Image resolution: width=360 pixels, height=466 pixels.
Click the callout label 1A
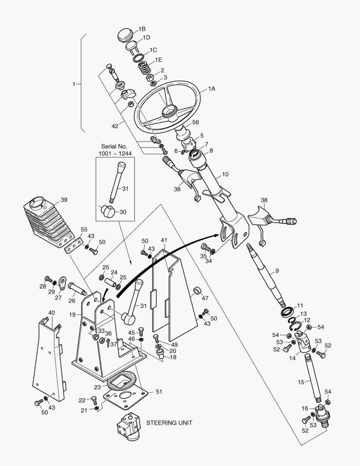(x=212, y=88)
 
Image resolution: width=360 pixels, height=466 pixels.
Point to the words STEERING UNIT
(x=169, y=422)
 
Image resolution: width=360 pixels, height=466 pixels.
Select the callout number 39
(x=64, y=200)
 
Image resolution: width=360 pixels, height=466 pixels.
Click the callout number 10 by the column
(x=225, y=174)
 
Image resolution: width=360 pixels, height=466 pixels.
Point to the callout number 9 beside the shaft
(x=277, y=271)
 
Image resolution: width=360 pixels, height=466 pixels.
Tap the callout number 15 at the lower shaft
(x=301, y=381)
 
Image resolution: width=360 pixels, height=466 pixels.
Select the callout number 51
(x=159, y=391)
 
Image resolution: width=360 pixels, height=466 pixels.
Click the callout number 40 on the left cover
(x=51, y=312)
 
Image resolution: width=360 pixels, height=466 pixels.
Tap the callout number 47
(x=205, y=298)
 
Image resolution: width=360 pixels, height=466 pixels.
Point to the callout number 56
(x=195, y=122)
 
